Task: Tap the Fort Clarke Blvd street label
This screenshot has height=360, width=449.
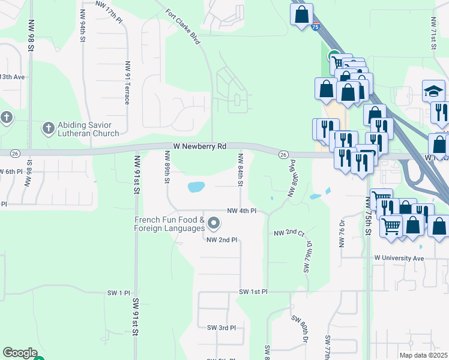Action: point(182,22)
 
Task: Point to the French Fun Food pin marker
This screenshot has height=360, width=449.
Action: point(214,224)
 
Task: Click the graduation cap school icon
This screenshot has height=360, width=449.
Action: point(433,91)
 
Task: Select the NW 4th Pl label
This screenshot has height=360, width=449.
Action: point(242,211)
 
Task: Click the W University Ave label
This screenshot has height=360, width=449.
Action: point(399,258)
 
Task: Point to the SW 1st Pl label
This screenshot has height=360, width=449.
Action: point(253,292)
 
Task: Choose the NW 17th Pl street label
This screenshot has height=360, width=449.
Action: point(109,4)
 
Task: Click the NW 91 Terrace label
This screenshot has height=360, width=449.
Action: point(127,82)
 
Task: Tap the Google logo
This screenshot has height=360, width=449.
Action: point(20,353)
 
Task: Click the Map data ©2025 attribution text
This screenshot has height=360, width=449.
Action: point(424,355)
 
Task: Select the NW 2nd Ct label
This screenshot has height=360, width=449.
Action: point(289,233)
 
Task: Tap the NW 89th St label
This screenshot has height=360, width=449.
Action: point(168,167)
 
